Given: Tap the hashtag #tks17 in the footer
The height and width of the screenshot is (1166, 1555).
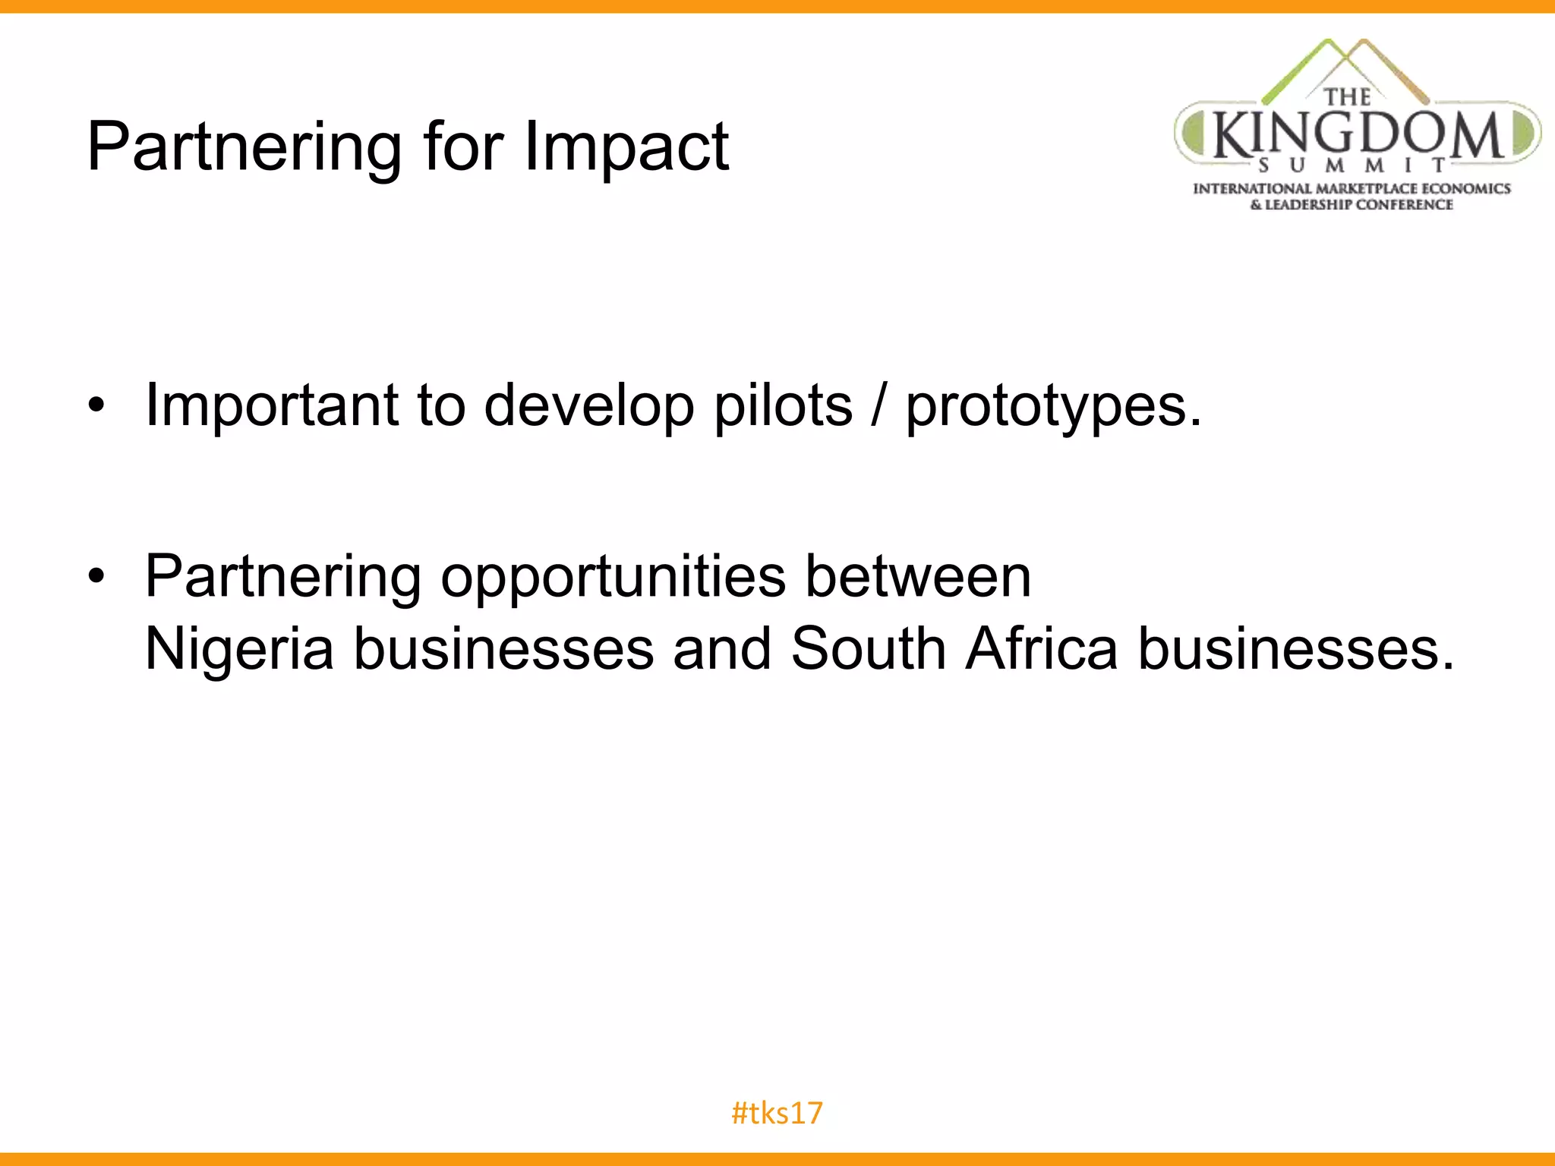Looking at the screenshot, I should tap(777, 1113).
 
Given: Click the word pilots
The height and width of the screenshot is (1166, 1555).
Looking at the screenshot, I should tap(783, 405).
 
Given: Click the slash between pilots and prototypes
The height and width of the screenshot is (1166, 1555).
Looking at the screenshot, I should tap(879, 405).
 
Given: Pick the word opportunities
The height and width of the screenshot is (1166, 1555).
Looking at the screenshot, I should tap(613, 577).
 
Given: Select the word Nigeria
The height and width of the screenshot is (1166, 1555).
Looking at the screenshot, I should tap(239, 650).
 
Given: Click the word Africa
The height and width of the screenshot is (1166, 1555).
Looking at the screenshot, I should tap(1042, 648).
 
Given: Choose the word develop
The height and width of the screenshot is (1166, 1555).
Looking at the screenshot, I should tap(589, 407).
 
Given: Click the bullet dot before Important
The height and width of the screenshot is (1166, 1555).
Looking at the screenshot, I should tap(95, 406).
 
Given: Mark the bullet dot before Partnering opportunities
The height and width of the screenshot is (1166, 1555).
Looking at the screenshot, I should tap(95, 576).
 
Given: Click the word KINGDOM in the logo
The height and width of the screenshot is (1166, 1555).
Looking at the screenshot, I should tap(1358, 135).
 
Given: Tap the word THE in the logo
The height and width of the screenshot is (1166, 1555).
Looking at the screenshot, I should tap(1348, 98).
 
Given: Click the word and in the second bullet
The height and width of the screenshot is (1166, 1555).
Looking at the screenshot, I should tap(722, 648).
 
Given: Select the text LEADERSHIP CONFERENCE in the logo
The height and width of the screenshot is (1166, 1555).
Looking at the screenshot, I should tap(1359, 205).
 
